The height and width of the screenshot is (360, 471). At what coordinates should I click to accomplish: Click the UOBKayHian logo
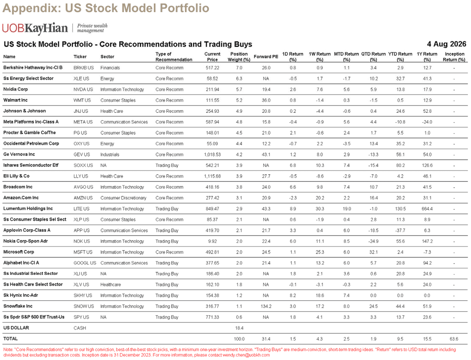(x=35, y=28)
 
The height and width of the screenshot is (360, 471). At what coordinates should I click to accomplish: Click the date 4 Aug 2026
(x=446, y=44)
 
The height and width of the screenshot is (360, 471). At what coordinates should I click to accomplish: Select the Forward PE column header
(x=266, y=57)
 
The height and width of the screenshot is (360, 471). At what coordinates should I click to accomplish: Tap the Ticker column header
(x=80, y=57)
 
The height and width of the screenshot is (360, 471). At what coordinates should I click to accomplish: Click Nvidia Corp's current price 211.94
(x=212, y=89)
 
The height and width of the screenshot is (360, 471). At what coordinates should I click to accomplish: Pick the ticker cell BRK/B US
(x=83, y=67)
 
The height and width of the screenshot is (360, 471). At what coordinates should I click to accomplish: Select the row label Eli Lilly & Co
(x=16, y=176)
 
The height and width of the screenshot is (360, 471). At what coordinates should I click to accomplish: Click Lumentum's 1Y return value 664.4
(x=427, y=209)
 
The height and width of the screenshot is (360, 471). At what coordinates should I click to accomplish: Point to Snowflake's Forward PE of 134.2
(x=266, y=306)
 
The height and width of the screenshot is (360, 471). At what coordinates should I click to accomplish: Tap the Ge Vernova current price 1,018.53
(x=212, y=154)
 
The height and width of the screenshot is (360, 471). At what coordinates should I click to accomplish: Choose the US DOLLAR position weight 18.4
(x=239, y=328)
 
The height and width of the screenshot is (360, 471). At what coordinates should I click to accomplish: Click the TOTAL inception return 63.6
(x=454, y=339)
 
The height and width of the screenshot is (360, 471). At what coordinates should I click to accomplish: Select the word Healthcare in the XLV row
(x=111, y=284)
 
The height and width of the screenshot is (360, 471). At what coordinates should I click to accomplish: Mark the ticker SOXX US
(x=83, y=165)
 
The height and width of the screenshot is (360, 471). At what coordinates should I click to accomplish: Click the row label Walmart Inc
(x=15, y=100)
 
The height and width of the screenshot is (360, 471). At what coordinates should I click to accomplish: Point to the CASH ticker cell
(x=80, y=328)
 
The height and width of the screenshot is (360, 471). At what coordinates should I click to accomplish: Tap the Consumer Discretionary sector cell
(x=123, y=198)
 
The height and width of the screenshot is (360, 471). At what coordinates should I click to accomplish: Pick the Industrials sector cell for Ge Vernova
(x=110, y=154)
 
